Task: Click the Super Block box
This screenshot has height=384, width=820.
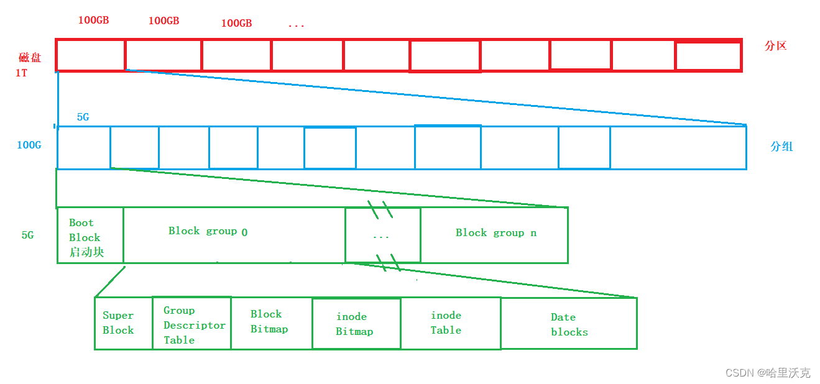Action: tap(123, 323)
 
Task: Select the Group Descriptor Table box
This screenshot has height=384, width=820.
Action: tap(191, 323)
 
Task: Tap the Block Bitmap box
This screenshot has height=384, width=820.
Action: tap(271, 323)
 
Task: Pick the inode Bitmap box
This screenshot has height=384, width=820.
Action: tap(356, 324)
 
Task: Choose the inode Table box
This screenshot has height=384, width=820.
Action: tap(450, 323)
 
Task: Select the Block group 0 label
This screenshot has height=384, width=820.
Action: tap(208, 231)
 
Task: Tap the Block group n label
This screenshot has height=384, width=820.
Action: tap(495, 233)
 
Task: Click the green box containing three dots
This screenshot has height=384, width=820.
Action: tap(382, 235)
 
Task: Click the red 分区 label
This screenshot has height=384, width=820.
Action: tap(776, 45)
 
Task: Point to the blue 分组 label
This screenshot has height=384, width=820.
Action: tap(781, 147)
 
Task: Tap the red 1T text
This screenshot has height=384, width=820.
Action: tap(21, 73)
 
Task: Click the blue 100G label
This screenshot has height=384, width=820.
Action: tap(29, 145)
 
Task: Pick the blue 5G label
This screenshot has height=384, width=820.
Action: tap(83, 117)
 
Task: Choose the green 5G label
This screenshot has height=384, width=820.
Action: tap(27, 235)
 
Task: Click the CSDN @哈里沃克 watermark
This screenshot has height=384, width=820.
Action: tap(768, 373)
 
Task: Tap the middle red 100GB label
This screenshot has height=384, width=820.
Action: tap(164, 21)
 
